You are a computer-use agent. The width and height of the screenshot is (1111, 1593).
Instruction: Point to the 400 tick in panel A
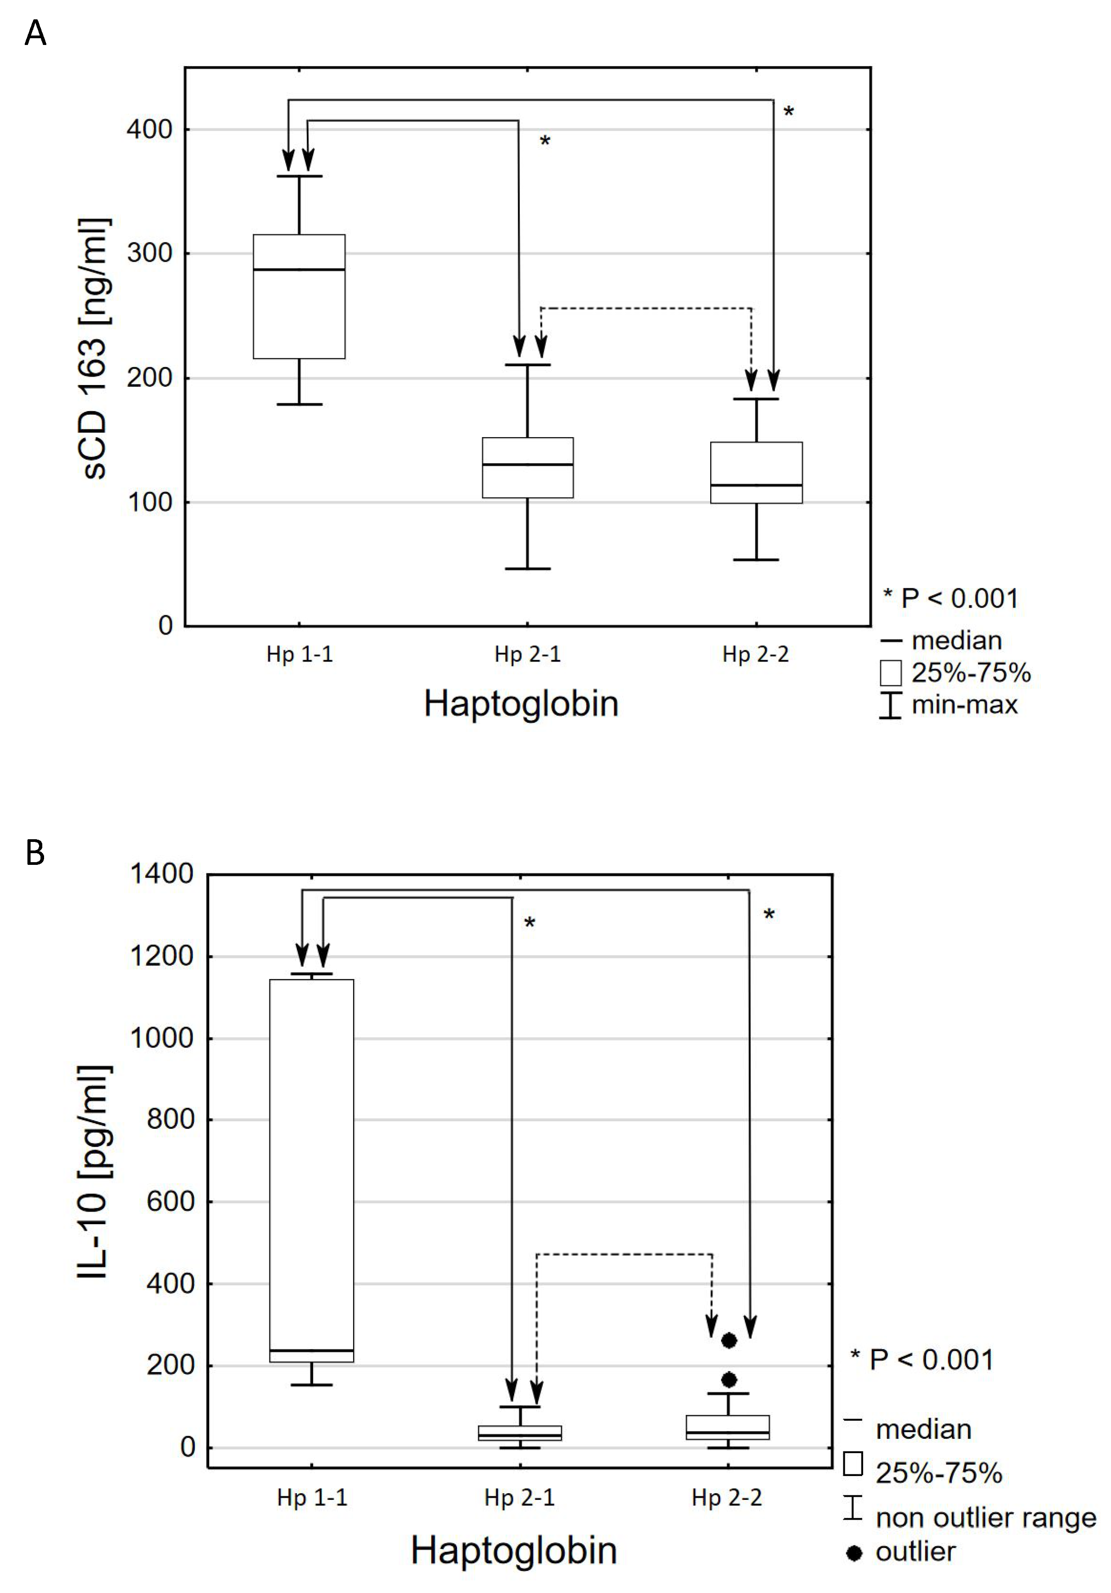pyautogui.click(x=149, y=130)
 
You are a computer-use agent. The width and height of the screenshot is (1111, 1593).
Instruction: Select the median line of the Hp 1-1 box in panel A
pyautogui.click(x=299, y=269)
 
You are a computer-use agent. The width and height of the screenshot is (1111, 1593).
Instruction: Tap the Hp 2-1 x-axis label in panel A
pyautogui.click(x=528, y=654)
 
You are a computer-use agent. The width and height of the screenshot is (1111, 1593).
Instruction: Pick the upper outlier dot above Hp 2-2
pyautogui.click(x=729, y=1340)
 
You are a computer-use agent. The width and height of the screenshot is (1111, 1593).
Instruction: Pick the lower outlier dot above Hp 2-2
pyautogui.click(x=729, y=1379)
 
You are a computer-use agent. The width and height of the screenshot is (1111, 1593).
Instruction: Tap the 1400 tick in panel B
pyautogui.click(x=161, y=874)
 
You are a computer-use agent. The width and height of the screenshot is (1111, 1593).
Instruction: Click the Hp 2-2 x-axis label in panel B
pyautogui.click(x=726, y=1498)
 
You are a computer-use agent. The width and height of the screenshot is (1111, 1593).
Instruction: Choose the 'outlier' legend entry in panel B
pyautogui.click(x=915, y=1552)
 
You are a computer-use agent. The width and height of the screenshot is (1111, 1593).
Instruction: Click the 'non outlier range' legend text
pyautogui.click(x=986, y=1518)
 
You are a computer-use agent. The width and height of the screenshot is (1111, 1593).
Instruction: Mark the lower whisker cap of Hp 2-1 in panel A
pyautogui.click(x=528, y=569)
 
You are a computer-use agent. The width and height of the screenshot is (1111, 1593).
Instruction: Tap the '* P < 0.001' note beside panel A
pyautogui.click(x=951, y=598)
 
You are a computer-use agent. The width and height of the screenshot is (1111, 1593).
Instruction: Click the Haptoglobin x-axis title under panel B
pyautogui.click(x=514, y=1551)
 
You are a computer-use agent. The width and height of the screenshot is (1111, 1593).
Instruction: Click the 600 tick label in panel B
pyautogui.click(x=170, y=1202)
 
